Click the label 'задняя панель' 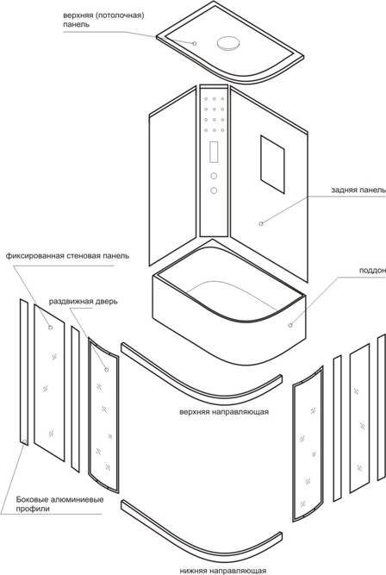358,191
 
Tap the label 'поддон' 372,271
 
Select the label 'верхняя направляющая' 224,412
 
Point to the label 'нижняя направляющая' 223,571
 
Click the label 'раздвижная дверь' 84,302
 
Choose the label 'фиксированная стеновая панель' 67,256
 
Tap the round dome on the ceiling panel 229,43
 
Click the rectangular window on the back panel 272,164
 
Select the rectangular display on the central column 214,152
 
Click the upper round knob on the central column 214,177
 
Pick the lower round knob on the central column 214,191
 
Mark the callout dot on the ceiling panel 195,44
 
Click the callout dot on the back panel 261,223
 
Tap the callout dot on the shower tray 290,325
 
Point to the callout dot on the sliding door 107,369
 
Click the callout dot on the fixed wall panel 50,327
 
